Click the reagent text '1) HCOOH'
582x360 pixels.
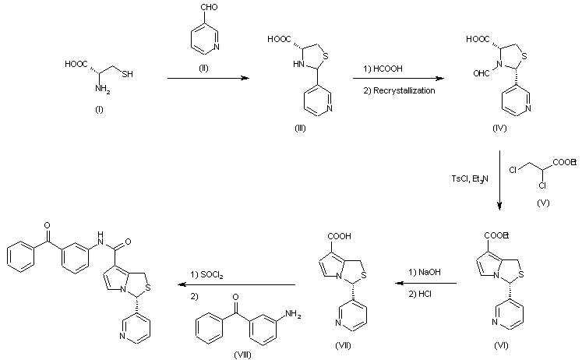click(383, 69)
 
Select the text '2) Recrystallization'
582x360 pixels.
click(399, 90)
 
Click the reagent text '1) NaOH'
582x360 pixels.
click(418, 274)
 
